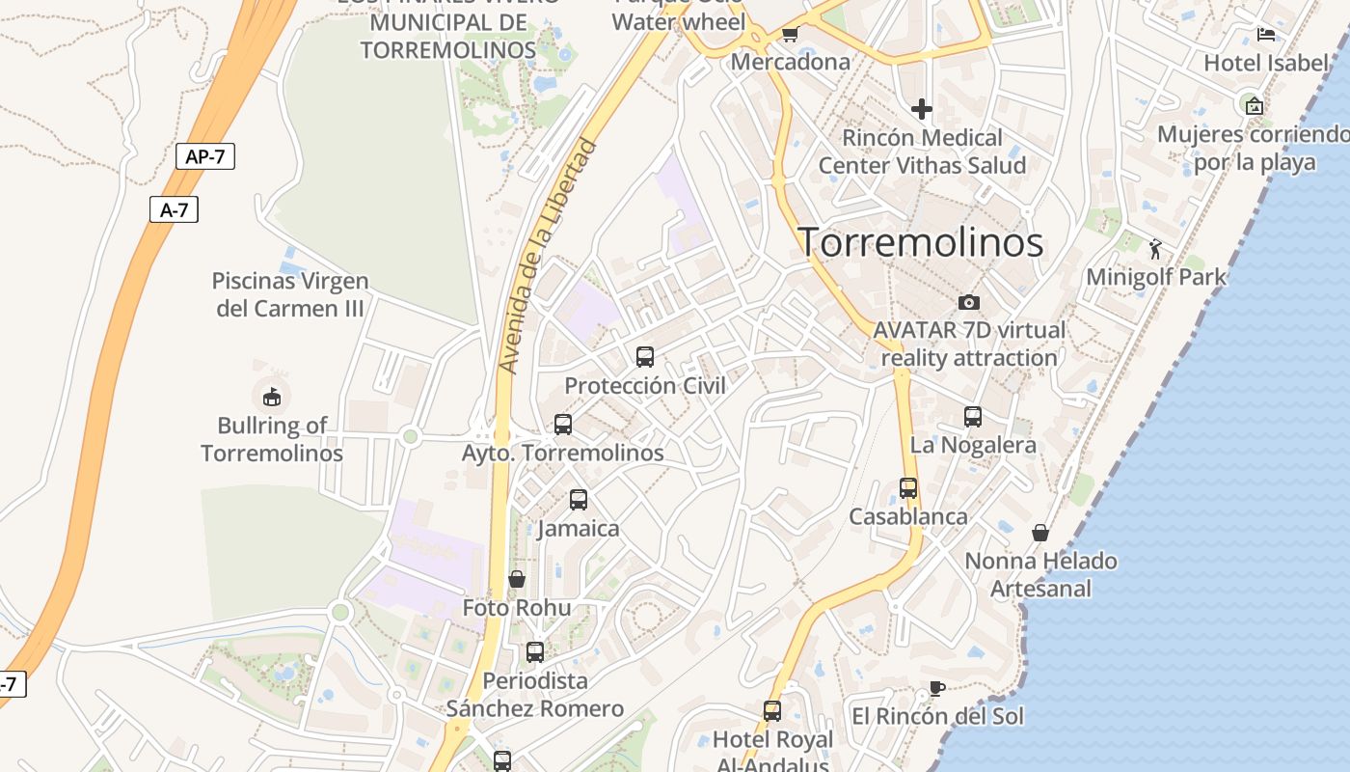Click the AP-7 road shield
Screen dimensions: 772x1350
[x=205, y=156]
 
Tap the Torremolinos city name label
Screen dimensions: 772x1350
[x=921, y=242]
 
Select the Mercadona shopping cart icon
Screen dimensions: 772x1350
[x=790, y=35]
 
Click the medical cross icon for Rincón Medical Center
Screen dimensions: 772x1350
[x=921, y=109]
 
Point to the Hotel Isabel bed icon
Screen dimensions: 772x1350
[x=1266, y=35]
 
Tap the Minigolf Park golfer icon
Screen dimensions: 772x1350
[x=1155, y=249]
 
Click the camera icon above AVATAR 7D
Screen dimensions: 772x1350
[x=969, y=302]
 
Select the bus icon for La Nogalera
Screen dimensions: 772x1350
[x=973, y=417]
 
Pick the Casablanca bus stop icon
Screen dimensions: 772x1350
[x=908, y=488]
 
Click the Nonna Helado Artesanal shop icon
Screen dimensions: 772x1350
[x=1040, y=533]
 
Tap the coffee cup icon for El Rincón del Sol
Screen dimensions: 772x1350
[x=936, y=688]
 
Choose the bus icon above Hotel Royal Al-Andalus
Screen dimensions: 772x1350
[x=772, y=711]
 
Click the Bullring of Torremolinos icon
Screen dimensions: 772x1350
[x=271, y=396]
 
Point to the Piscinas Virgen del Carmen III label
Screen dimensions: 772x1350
[x=290, y=294]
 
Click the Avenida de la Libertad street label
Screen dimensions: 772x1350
[x=549, y=257]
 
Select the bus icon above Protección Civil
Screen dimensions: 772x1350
[x=645, y=357]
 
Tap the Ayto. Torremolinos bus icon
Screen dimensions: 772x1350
[x=563, y=425]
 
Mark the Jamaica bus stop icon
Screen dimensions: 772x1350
[x=579, y=500]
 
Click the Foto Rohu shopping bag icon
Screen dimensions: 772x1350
[x=517, y=579]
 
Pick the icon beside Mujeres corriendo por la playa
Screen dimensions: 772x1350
[x=1254, y=106]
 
